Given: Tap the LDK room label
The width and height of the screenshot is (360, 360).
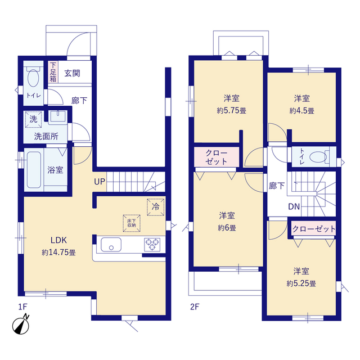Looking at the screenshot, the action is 58,240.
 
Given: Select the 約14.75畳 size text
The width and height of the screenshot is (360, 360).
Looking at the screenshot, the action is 58,253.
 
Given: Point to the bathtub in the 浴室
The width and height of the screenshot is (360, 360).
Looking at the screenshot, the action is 34,170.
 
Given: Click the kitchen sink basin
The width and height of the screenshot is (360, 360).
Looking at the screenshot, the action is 111,245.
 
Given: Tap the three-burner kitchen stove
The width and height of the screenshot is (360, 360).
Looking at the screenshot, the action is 152,245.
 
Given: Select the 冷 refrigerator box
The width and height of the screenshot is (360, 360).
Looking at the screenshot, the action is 156,207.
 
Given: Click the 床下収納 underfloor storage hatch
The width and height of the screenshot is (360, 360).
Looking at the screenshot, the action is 132,223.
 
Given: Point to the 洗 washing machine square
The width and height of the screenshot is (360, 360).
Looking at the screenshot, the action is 34,119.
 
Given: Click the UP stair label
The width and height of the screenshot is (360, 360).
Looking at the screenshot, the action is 100,182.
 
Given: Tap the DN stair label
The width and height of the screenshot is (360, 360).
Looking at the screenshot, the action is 294,206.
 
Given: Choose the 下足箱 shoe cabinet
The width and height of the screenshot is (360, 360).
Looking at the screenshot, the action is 53,72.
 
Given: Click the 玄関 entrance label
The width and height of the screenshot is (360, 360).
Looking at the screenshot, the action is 73,73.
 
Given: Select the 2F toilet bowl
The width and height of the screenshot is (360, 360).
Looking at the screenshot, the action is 318,157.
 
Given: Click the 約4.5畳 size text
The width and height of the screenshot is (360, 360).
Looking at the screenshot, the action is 301,111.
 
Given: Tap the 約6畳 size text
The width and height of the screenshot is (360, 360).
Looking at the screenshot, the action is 227,228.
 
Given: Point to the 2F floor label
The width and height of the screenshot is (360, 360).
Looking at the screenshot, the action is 195,307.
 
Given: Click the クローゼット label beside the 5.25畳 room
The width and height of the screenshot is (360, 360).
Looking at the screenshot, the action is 314,229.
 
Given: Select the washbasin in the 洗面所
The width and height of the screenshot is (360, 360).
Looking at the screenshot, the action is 57,117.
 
